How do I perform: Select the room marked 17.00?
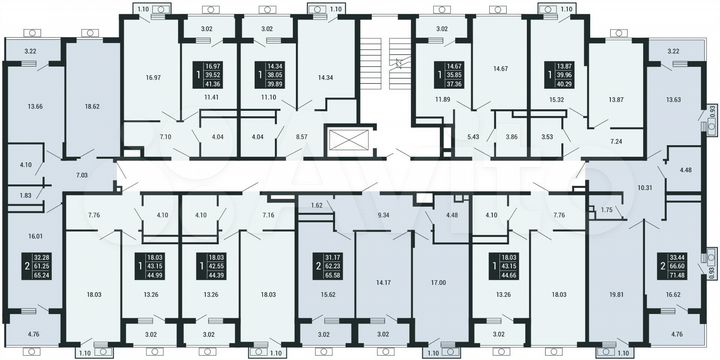(x=438, y=283)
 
